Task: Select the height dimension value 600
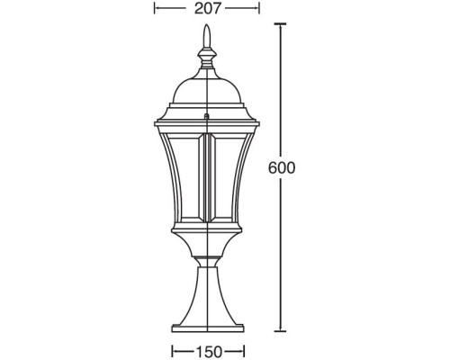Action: tap(283, 167)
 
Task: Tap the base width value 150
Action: tap(208, 349)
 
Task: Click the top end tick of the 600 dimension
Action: tap(283, 25)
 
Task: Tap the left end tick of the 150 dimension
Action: tap(170, 349)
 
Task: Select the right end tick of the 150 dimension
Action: tap(246, 349)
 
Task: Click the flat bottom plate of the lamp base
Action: tap(208, 328)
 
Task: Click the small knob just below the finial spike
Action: tap(208, 56)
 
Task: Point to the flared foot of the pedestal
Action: tap(208, 310)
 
